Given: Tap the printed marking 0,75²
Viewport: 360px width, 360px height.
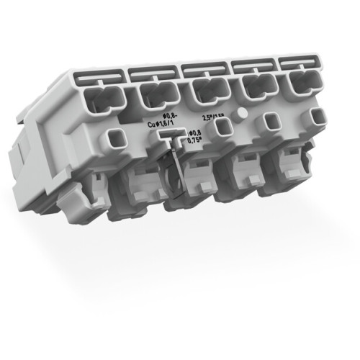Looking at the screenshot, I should (194, 141).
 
